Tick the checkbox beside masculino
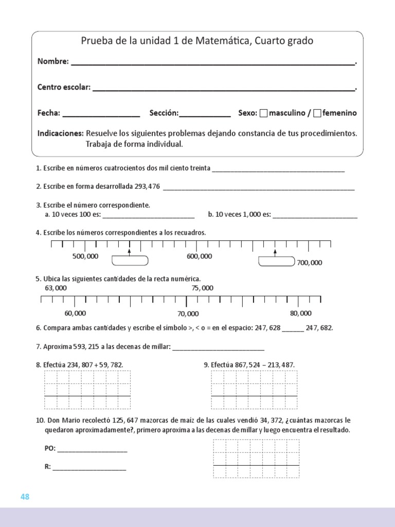coord(264,113)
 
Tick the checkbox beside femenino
coord(317,113)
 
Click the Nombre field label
coord(53,61)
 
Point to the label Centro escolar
coord(64,87)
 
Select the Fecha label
coord(49,113)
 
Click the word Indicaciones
coord(60,133)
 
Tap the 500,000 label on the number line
coord(85,256)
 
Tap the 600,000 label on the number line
coord(199,256)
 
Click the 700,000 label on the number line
coord(309,262)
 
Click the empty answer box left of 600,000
coord(130,261)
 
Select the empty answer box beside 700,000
coord(276,261)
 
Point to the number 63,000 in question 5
coord(56,288)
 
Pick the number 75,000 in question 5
coord(202,288)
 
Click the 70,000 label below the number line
coord(188,313)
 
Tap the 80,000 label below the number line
coord(301,313)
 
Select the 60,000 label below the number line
coord(75,313)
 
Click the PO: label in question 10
coord(50,449)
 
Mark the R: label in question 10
coord(48,467)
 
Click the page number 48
coord(25,497)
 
